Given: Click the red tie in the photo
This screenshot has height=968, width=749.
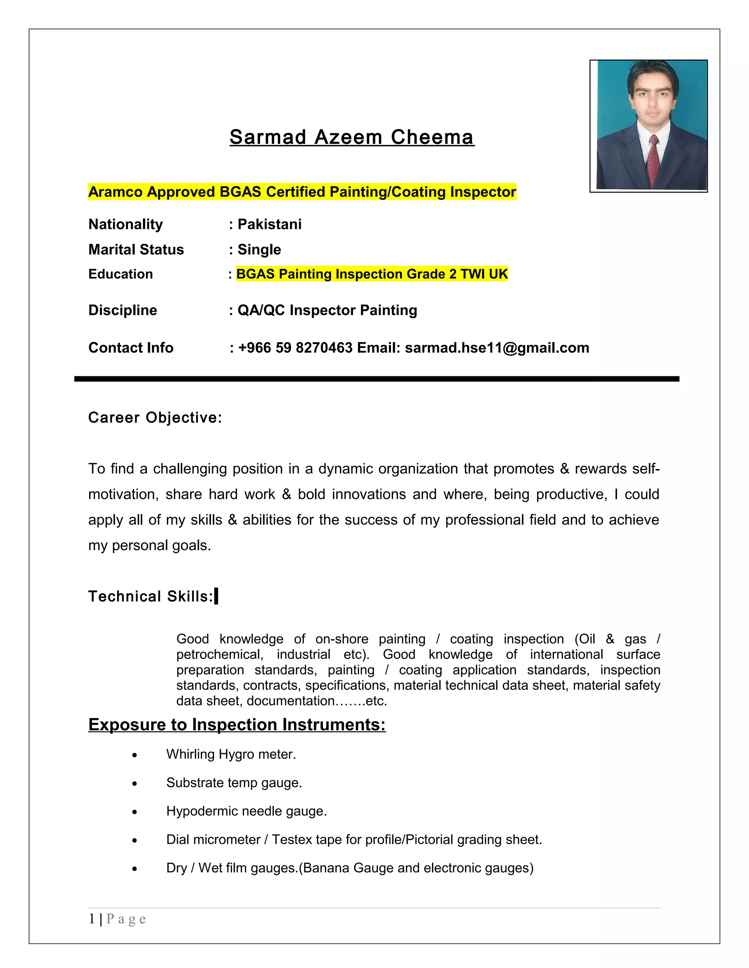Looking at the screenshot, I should (x=653, y=162).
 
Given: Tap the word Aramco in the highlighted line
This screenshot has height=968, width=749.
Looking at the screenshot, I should (x=116, y=192).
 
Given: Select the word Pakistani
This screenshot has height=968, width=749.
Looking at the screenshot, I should (x=269, y=224).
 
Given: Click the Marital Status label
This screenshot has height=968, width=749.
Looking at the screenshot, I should (x=136, y=249).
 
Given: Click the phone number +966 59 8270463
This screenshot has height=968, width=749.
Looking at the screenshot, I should (x=295, y=347).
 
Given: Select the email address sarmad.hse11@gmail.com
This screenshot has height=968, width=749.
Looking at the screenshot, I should (x=497, y=347).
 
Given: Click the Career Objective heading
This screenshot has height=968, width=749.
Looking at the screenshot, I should (x=155, y=418).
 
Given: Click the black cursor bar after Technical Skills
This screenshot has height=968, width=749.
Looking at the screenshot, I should (x=216, y=596).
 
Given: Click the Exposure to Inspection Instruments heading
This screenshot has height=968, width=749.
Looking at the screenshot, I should (x=237, y=724).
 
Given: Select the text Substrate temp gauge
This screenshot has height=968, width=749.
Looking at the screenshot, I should (x=234, y=783).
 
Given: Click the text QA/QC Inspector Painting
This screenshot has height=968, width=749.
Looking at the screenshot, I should (x=327, y=310).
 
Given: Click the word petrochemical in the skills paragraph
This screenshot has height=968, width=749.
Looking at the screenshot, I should (x=219, y=655).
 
